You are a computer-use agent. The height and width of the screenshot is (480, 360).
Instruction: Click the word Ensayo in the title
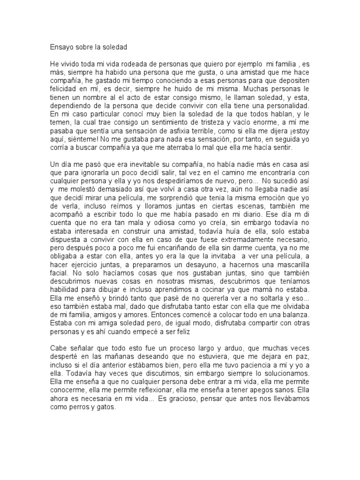point(60,47)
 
